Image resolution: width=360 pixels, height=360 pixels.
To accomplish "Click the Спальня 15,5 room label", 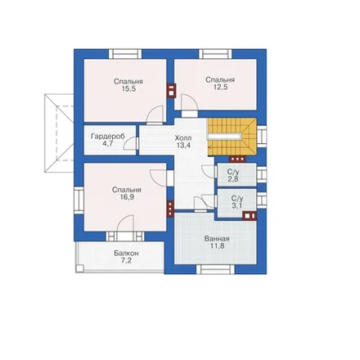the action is (128, 85).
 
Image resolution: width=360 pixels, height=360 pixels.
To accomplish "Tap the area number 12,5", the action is (221, 88).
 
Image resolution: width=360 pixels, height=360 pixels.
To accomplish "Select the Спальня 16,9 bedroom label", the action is (127, 193).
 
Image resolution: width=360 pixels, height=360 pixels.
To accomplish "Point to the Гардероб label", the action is (108, 136).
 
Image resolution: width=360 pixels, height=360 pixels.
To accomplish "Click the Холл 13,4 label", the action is (183, 142).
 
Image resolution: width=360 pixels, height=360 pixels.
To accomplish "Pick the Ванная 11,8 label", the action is (217, 242).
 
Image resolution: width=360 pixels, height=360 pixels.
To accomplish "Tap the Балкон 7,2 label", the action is (126, 257).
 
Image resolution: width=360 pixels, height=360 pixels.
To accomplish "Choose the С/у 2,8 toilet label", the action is (233, 175).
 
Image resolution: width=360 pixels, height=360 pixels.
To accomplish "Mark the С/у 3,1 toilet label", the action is (237, 202).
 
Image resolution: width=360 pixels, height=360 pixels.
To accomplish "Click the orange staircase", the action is (232, 137).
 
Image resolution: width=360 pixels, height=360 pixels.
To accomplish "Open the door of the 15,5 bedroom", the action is (155, 115).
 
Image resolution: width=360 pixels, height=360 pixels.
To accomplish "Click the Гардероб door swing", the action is (131, 143).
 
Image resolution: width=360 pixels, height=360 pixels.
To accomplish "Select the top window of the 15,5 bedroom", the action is (125, 54).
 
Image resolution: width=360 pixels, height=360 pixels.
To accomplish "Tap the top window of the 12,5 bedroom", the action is (215, 54).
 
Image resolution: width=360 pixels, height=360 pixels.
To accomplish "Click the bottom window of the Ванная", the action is (215, 269).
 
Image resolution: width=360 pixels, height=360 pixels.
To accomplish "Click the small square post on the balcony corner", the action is (79, 268).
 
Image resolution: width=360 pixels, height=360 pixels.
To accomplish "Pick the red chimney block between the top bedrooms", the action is (171, 90).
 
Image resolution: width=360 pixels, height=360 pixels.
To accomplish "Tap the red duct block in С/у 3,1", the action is (250, 216).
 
